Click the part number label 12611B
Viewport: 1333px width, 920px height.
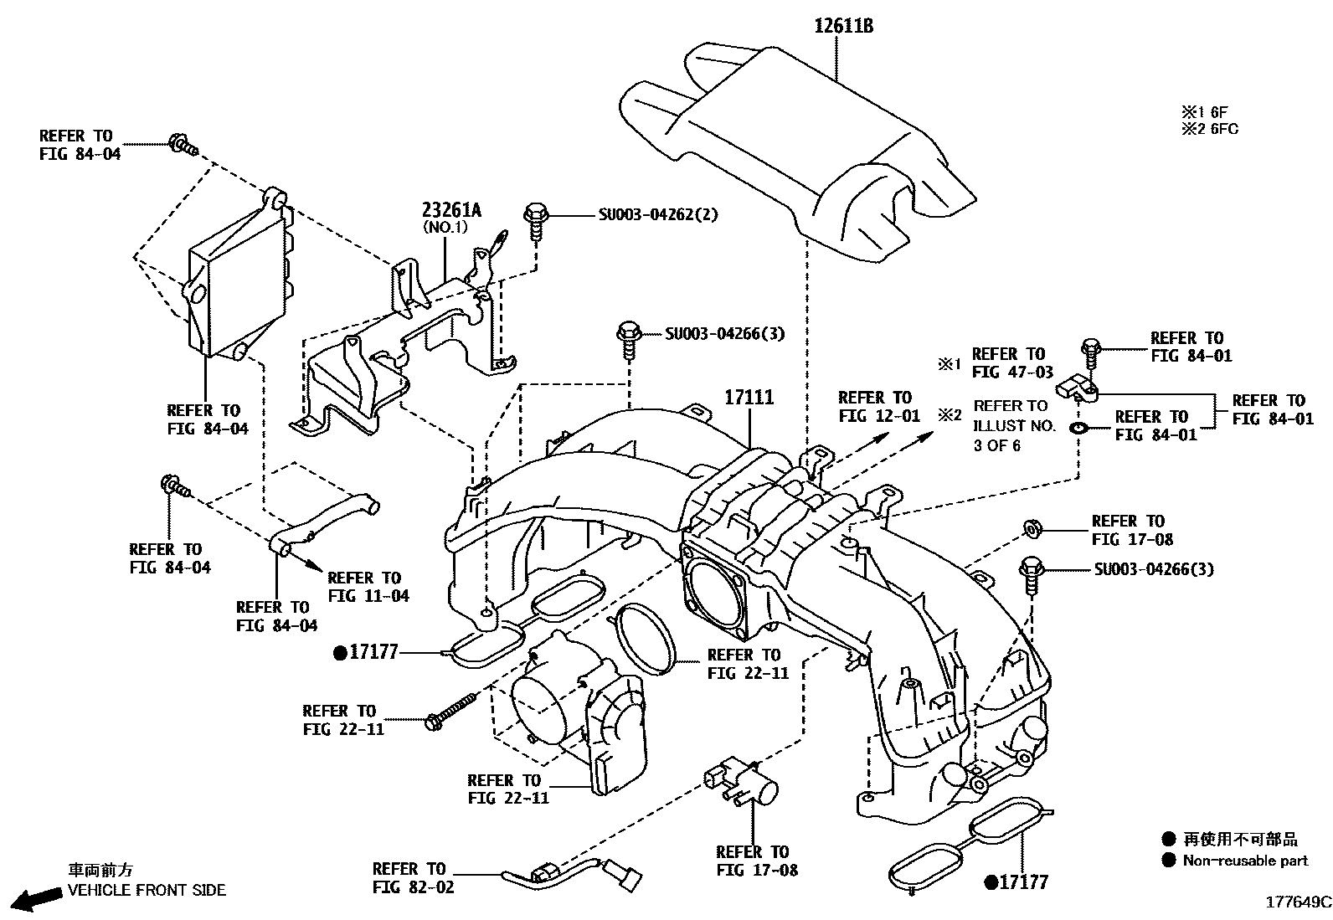(843, 26)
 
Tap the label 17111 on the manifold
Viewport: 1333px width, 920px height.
(749, 398)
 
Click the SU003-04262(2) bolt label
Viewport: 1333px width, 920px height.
(657, 214)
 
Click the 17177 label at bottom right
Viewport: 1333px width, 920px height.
(1016, 881)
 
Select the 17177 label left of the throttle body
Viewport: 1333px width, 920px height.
(366, 652)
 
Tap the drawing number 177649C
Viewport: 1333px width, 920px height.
(1297, 902)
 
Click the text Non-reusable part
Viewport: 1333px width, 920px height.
(1244, 861)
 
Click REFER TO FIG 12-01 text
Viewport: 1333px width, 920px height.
(878, 406)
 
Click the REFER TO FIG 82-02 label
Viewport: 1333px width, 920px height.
(413, 877)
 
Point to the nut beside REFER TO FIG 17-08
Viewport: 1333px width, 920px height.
(1032, 529)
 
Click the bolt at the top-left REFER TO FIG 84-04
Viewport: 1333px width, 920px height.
(183, 145)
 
